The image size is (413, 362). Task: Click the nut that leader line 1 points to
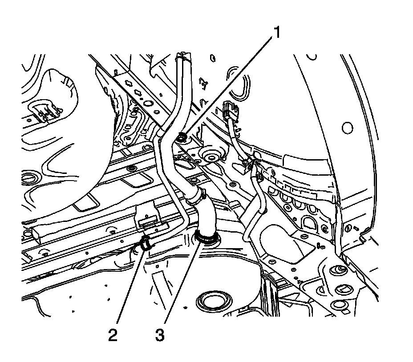182,138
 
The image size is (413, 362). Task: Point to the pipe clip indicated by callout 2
145,244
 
